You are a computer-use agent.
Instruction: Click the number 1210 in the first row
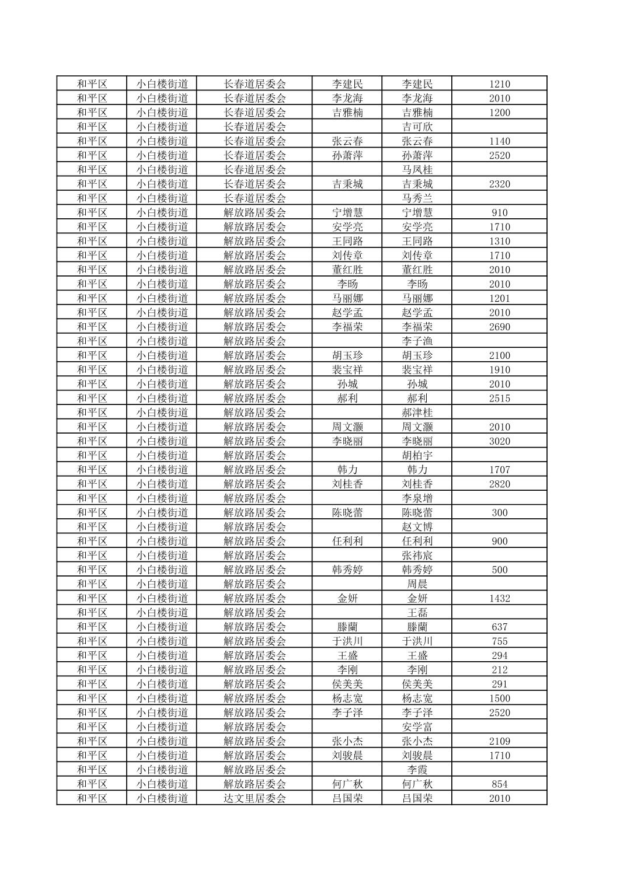coord(499,84)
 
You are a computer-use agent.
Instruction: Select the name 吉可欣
coord(417,127)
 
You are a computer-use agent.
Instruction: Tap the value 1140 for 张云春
coord(499,141)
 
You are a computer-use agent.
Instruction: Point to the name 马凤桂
coord(417,170)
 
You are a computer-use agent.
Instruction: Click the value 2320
coord(499,184)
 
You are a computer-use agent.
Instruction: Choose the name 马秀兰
coord(417,198)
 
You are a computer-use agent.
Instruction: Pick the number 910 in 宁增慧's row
coord(499,212)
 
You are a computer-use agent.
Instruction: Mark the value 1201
coord(499,298)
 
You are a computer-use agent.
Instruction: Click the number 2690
coord(499,327)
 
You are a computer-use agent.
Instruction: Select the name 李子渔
coord(417,341)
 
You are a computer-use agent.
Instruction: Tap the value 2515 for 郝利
coord(499,398)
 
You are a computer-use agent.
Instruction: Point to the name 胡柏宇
coord(417,455)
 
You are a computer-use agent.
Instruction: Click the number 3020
coord(499,441)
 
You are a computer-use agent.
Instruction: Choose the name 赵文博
coord(417,527)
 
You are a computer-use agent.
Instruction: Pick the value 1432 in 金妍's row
coord(499,598)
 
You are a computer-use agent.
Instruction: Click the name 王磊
coord(417,613)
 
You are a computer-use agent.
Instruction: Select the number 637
coord(499,627)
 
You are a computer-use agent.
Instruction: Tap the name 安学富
coord(417,727)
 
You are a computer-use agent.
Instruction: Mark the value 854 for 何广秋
coord(499,784)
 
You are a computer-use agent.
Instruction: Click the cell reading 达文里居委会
coord(255,798)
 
